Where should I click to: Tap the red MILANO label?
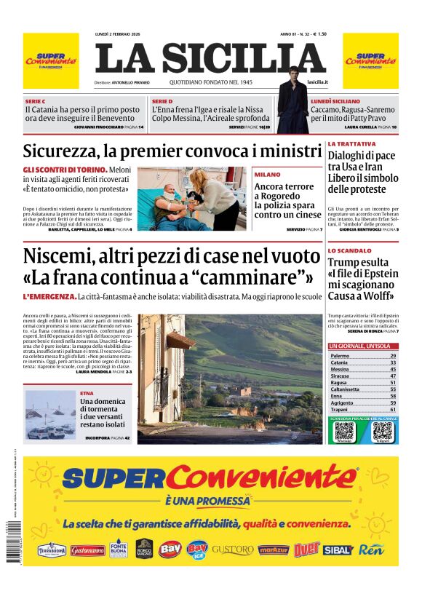pyautogui.click(x=267, y=175)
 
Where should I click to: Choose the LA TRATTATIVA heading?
pyautogui.click(x=351, y=144)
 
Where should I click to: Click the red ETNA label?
pyautogui.click(x=87, y=393)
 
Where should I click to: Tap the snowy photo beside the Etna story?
pyautogui.click(x=49, y=415)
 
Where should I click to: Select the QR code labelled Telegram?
pyautogui.click(x=382, y=431)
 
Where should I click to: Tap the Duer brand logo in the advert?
pyautogui.click(x=307, y=549)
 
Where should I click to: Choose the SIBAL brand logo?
pyautogui.click(x=338, y=550)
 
